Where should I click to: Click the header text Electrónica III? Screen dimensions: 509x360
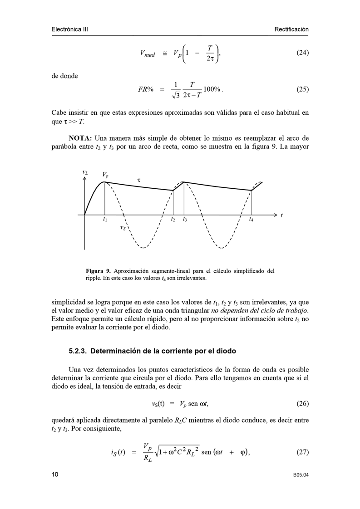(69, 29)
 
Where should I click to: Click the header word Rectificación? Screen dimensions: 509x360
(291, 29)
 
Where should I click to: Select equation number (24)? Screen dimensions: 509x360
(302, 53)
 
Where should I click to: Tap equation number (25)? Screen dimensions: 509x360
(302, 89)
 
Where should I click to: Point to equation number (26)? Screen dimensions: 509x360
(302, 403)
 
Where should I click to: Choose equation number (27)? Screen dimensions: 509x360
(302, 452)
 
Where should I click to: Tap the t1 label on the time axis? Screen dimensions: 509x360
(105, 220)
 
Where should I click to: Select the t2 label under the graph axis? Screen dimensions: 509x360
(173, 220)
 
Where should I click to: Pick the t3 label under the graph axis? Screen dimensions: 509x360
(185, 220)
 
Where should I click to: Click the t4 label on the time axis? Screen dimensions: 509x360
(252, 220)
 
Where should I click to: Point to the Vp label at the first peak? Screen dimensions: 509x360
(105, 175)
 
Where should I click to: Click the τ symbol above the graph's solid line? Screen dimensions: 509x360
(139, 180)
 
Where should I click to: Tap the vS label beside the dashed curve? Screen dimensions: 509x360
(123, 228)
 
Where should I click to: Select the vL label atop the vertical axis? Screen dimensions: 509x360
(85, 172)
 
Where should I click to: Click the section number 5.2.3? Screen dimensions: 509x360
(79, 351)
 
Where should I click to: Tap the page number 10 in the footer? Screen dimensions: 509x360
(55, 475)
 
